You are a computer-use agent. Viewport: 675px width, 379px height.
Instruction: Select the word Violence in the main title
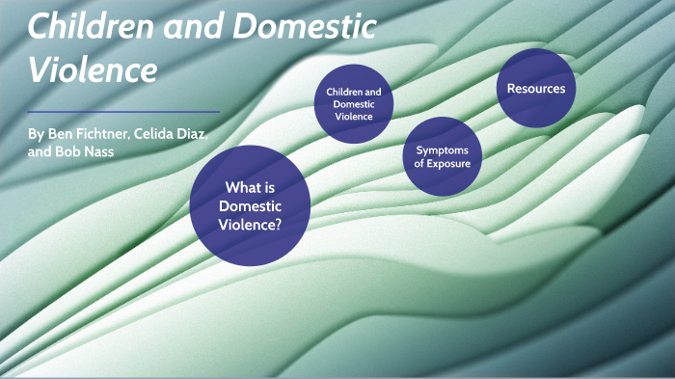click(x=93, y=70)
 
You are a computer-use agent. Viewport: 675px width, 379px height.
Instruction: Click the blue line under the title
click(x=124, y=112)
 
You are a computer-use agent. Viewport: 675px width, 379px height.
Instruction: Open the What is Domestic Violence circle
click(x=250, y=203)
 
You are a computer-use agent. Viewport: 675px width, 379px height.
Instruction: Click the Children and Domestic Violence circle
click(x=353, y=104)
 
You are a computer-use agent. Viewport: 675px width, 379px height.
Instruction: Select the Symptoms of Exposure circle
click(x=442, y=157)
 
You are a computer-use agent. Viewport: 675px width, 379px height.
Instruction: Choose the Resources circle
click(x=536, y=89)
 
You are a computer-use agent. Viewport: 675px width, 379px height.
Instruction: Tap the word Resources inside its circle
click(x=536, y=89)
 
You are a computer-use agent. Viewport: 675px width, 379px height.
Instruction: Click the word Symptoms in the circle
click(x=443, y=150)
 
